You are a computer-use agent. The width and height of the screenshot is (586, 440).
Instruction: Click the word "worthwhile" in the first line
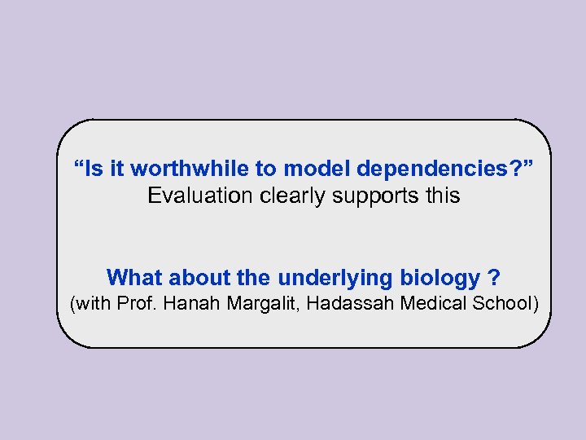coord(178,169)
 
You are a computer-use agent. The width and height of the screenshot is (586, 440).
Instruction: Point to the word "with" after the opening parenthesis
coord(94,305)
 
